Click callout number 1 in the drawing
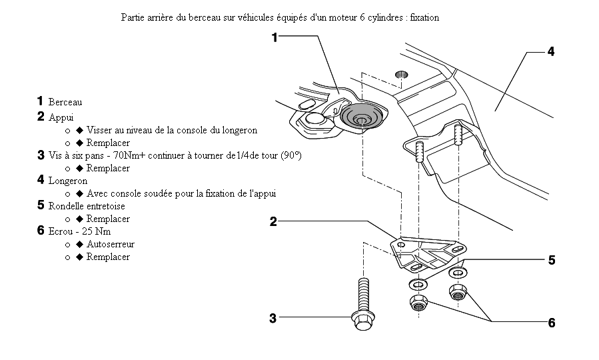pos(275,38)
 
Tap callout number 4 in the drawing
pos(551,51)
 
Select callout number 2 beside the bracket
pos(273,222)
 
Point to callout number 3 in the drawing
pos(273,318)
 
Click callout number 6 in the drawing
pos(551,323)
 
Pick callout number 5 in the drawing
pos(551,260)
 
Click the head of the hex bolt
pos(362,323)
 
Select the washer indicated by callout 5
pos(457,272)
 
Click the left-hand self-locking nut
pos(418,305)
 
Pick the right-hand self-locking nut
pos(457,291)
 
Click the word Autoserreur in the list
pos(110,245)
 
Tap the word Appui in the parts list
pos(61,117)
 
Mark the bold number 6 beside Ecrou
pos(41,231)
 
